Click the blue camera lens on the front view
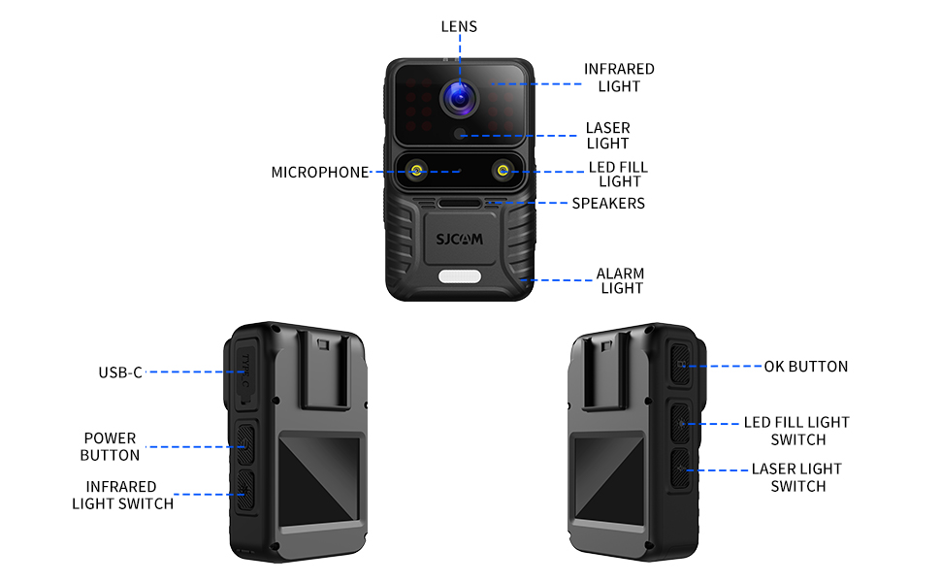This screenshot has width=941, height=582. click(x=460, y=98)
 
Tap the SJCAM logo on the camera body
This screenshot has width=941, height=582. click(x=459, y=240)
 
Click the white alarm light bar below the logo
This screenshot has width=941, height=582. click(x=460, y=276)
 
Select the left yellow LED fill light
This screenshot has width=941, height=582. click(x=416, y=171)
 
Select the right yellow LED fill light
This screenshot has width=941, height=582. click(x=503, y=171)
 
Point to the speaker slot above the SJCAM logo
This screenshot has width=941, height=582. click(x=460, y=204)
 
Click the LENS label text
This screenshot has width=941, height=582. click(x=459, y=26)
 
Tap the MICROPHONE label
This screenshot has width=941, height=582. click(x=320, y=173)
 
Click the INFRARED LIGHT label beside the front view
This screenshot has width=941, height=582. click(x=619, y=78)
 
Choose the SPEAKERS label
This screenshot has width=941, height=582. click(x=608, y=204)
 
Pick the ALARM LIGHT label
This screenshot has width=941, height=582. click(x=621, y=280)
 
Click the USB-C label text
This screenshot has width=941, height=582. click(x=120, y=372)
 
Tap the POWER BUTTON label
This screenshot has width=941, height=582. click(x=110, y=446)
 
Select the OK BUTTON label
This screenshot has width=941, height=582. click(x=806, y=367)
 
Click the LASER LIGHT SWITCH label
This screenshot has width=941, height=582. click(x=797, y=477)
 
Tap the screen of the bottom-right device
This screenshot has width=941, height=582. click(x=608, y=479)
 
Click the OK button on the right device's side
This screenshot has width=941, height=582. click(x=681, y=364)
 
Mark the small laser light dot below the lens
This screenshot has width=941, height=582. click(x=460, y=134)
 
